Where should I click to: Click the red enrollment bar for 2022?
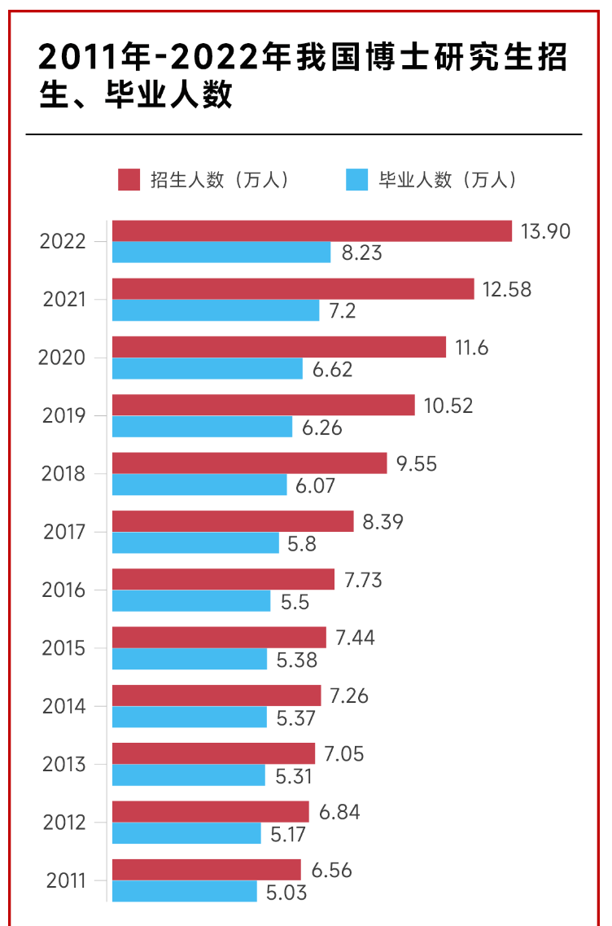(312, 231)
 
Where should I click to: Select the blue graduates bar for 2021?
(216, 310)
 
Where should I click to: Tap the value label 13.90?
(546, 231)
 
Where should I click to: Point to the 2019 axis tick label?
(63, 416)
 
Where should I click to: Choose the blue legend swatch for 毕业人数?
(357, 180)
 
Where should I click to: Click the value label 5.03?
(286, 892)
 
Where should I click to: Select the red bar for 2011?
(206, 870)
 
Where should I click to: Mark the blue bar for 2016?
(191, 601)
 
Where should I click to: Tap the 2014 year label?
(63, 706)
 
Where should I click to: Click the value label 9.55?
(417, 463)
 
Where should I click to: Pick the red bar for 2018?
(249, 463)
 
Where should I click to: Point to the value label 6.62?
(333, 369)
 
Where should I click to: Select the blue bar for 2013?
(189, 775)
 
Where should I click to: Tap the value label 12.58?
(507, 289)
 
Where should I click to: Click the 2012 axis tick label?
(63, 823)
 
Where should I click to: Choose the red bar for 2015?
(219, 637)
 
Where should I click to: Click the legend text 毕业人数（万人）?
(448, 180)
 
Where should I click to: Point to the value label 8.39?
(383, 521)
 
